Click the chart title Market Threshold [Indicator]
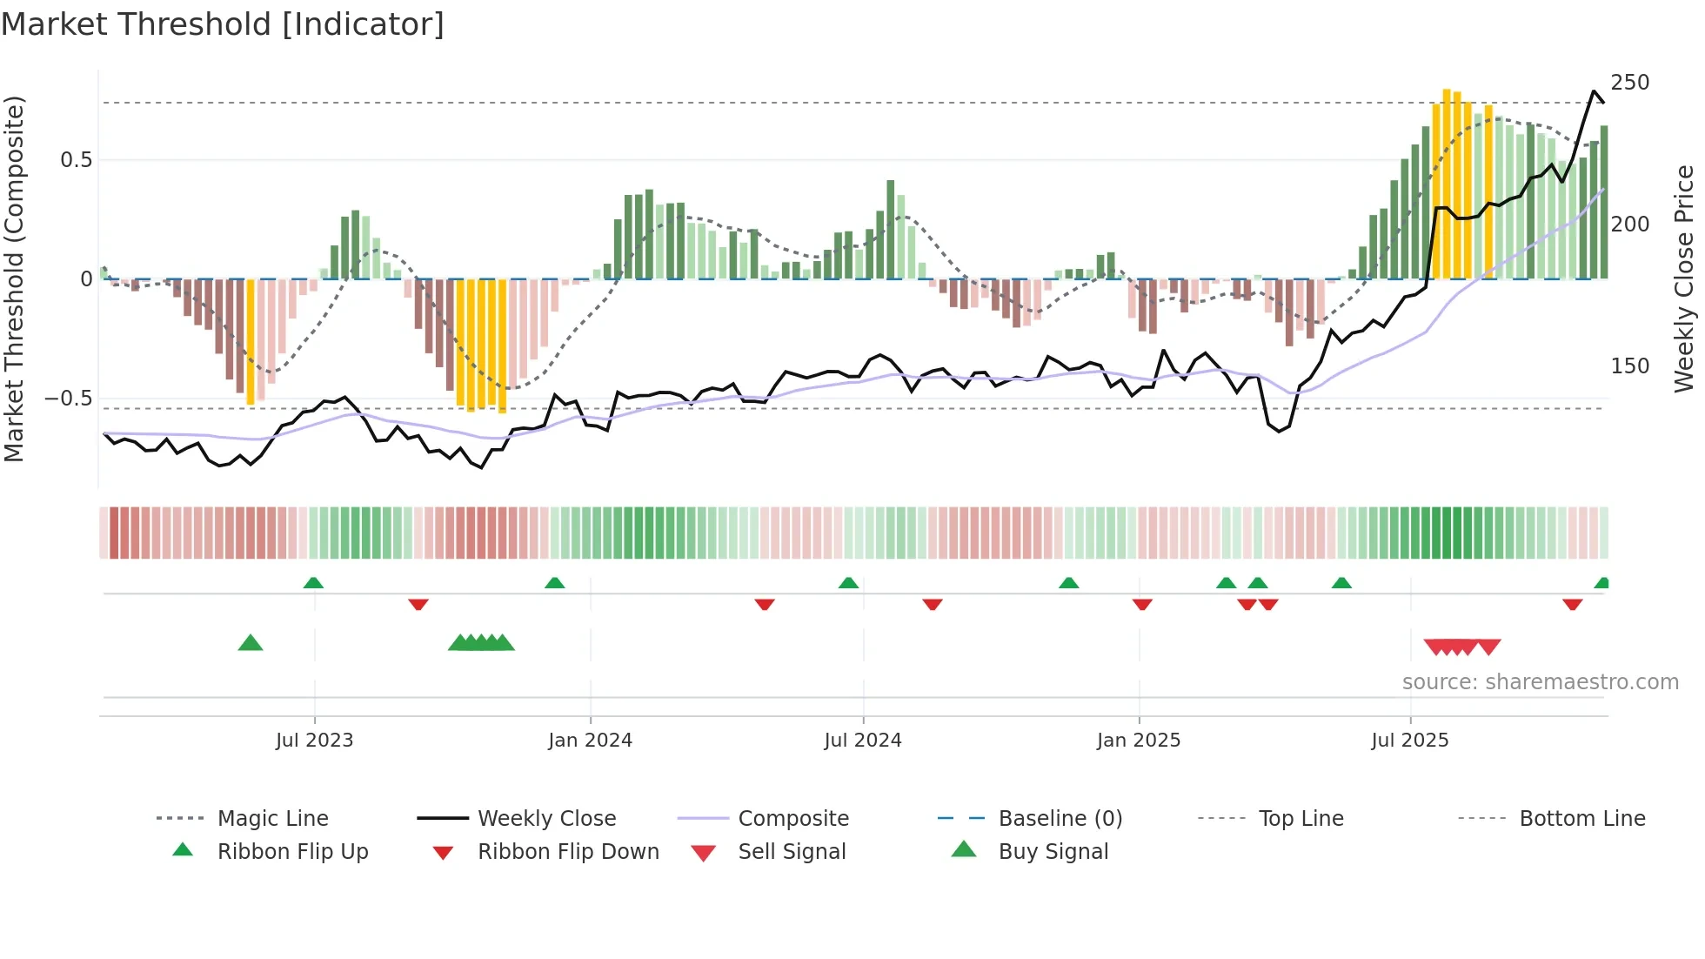click(x=223, y=24)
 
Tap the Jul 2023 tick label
click(x=314, y=741)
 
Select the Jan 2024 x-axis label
click(x=590, y=741)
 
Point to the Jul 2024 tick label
click(x=862, y=741)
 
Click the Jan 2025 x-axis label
click(x=1138, y=741)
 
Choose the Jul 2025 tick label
click(x=1409, y=741)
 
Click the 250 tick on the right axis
click(x=1629, y=83)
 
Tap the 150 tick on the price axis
click(x=1629, y=366)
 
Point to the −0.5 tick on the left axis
click(x=69, y=399)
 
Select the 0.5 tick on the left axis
click(x=76, y=160)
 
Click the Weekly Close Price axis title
click(x=1684, y=278)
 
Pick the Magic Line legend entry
click(x=272, y=819)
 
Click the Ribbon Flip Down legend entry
click(x=567, y=852)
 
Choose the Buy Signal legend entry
click(x=1053, y=852)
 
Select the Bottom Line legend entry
click(x=1581, y=819)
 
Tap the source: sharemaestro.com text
click(x=1540, y=682)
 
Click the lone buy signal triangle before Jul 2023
click(x=251, y=643)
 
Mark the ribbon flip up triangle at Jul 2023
click(x=313, y=583)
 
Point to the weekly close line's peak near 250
click(x=1594, y=91)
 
